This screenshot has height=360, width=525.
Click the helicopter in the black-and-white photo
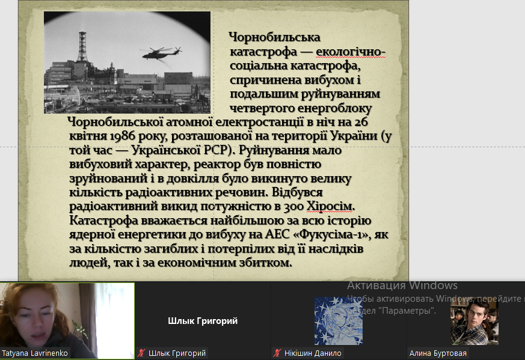tap(162, 53)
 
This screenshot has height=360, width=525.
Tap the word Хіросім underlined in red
tap(330, 206)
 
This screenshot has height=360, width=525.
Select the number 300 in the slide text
tap(293, 206)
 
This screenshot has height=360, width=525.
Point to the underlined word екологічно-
tap(351, 52)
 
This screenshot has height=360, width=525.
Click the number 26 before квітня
tap(361, 122)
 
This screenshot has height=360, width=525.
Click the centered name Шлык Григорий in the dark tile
tap(203, 321)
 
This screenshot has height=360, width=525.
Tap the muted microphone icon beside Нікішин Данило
tap(277, 353)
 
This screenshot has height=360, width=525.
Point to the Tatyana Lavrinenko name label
tap(34, 353)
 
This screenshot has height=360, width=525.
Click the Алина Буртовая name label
tap(438, 353)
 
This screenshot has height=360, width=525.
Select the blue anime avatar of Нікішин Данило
tap(338, 321)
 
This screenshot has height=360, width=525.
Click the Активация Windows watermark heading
tap(402, 285)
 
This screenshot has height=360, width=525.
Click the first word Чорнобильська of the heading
tap(275, 37)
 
